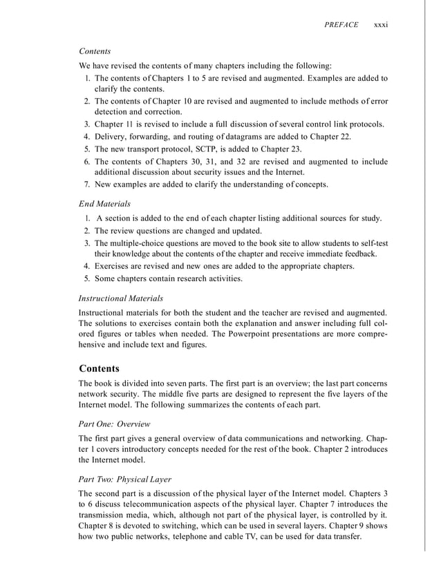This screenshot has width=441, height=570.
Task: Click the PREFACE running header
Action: tap(341, 25)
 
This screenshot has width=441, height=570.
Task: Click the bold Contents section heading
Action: tap(100, 368)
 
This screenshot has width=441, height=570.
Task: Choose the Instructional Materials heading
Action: tap(121, 298)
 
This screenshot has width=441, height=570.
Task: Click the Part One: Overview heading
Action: tap(115, 423)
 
